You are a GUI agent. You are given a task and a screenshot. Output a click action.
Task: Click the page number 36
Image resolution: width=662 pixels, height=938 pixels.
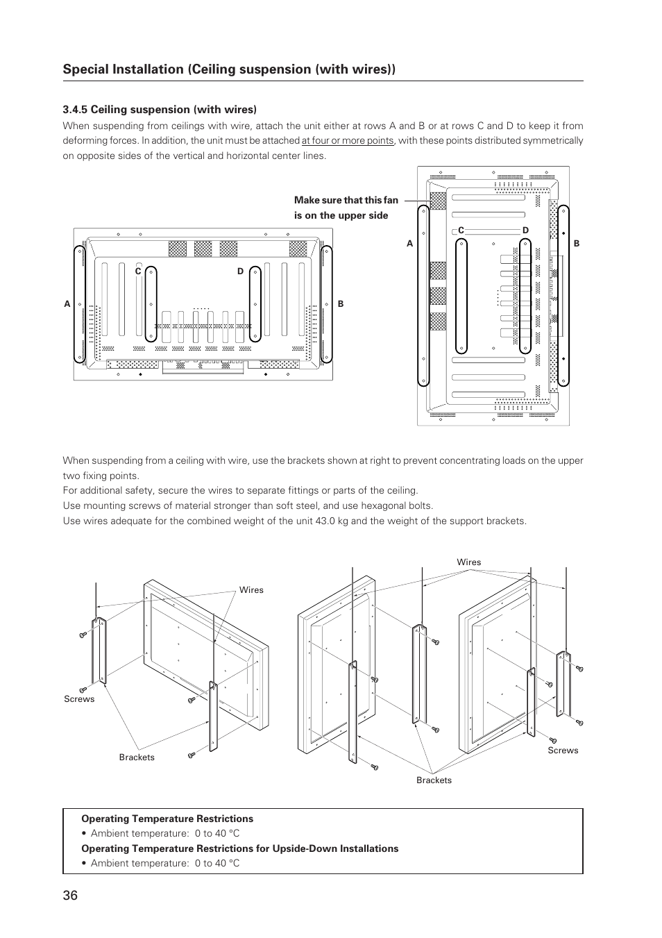click(70, 895)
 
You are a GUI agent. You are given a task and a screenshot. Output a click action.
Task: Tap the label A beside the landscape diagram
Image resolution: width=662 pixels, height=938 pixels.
click(67, 304)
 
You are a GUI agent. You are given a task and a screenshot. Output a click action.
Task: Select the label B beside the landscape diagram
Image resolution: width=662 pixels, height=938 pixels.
click(341, 304)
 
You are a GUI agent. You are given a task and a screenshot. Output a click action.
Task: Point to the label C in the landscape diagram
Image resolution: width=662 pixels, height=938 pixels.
click(138, 271)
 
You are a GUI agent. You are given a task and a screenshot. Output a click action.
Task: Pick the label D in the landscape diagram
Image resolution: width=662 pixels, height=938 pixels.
click(241, 271)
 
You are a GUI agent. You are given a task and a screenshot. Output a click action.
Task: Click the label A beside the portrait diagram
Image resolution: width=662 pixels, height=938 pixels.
click(410, 244)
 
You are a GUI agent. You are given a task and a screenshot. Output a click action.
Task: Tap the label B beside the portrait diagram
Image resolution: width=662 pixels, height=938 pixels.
click(576, 244)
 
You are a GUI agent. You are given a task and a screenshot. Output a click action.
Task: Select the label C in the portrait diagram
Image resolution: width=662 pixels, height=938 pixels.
click(460, 231)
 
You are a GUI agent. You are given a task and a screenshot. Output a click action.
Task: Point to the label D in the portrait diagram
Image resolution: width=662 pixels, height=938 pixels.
click(525, 231)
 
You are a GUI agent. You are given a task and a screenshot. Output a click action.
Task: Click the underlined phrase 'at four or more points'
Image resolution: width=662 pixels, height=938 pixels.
click(347, 141)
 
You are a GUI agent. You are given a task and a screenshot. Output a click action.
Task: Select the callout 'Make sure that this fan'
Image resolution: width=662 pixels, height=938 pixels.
click(346, 201)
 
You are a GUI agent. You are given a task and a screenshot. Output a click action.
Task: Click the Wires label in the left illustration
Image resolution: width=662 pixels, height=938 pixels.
click(251, 590)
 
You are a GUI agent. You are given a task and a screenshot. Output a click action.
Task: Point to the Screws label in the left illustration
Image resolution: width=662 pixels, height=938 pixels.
click(79, 699)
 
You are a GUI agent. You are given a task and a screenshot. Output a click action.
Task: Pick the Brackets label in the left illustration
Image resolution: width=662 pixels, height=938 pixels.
click(137, 757)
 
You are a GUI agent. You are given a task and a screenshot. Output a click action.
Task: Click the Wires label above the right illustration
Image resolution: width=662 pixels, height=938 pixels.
click(468, 562)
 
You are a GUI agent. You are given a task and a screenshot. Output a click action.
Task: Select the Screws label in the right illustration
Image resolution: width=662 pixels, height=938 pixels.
click(563, 751)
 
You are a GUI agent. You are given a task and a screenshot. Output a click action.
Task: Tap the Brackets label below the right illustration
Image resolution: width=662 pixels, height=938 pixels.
click(434, 780)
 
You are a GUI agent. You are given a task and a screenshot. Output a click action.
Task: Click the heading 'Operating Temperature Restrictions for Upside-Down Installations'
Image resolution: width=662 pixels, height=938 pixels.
click(239, 848)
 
